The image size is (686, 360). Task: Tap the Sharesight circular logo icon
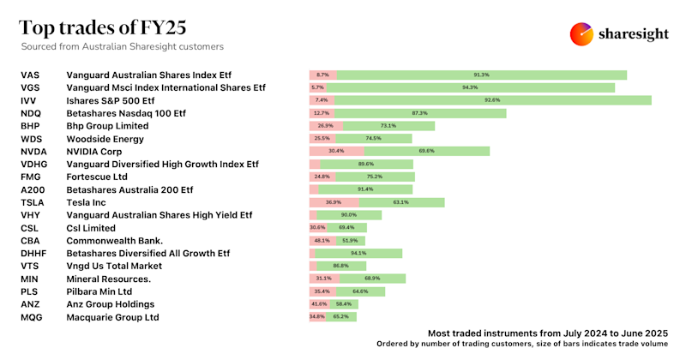(x=582, y=33)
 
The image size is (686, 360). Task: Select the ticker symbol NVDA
(x=33, y=151)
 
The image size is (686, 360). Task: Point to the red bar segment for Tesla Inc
(x=325, y=202)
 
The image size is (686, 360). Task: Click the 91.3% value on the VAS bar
(x=481, y=75)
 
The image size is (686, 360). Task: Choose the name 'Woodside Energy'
(x=105, y=138)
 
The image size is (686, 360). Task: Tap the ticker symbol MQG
(x=32, y=316)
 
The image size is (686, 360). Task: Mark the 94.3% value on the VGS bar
(x=470, y=87)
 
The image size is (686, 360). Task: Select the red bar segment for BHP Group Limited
(x=326, y=126)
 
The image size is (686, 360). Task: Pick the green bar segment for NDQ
(x=419, y=113)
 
